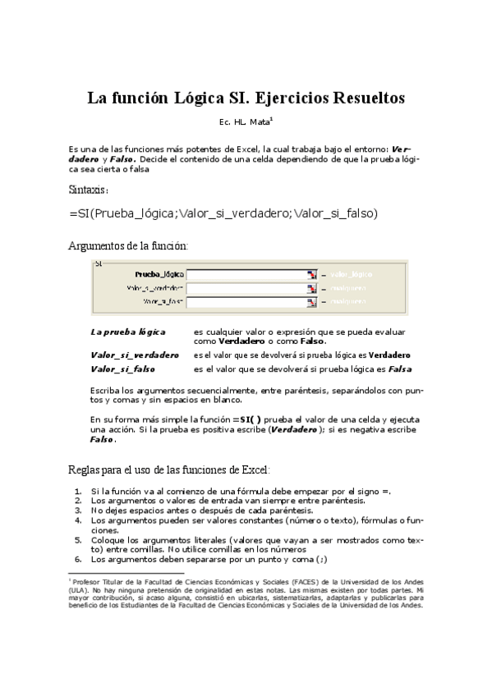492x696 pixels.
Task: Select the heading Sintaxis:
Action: (x=89, y=189)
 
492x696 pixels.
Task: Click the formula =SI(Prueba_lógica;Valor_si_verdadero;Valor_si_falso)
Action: (x=223, y=213)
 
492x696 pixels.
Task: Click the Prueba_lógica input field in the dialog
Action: (x=246, y=275)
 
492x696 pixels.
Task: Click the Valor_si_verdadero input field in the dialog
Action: (x=246, y=289)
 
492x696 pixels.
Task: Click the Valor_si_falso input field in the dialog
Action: (x=246, y=303)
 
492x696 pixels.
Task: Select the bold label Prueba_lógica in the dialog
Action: (x=159, y=275)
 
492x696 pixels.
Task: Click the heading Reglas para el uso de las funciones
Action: (x=168, y=469)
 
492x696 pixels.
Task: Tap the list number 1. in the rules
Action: (x=78, y=491)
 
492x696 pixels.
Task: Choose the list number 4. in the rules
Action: (x=78, y=520)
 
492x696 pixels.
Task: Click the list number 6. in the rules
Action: (x=78, y=559)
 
